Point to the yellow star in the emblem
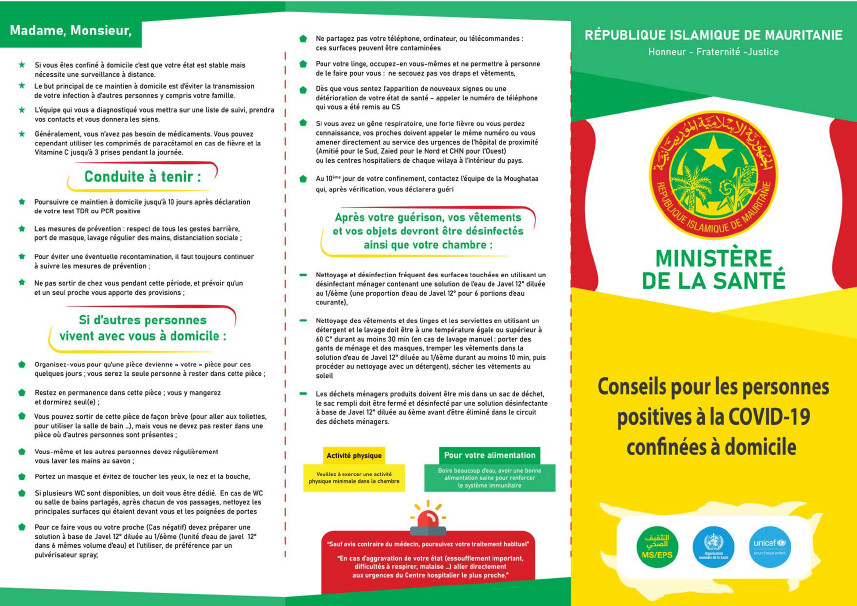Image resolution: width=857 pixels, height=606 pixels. [713, 145]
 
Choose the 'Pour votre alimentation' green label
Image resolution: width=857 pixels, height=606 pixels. [489, 453]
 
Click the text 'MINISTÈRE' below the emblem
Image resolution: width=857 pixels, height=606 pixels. [713, 258]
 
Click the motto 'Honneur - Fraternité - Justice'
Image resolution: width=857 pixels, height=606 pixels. [713, 52]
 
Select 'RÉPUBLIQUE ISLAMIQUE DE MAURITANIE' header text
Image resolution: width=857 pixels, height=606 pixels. [713, 35]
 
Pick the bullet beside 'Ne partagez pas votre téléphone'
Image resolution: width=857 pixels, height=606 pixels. [304, 38]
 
